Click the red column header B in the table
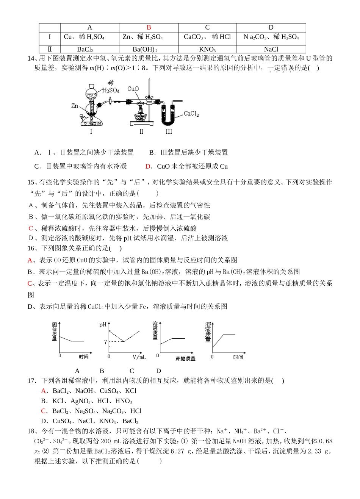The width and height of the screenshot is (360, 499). click(x=149, y=27)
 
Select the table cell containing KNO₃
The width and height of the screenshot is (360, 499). click(x=207, y=49)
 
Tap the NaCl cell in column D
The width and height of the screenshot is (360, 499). click(x=271, y=49)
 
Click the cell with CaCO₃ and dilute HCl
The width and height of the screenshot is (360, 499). click(x=207, y=37)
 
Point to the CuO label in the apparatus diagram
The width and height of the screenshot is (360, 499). click(x=133, y=89)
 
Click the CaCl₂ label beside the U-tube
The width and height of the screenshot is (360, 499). click(x=191, y=114)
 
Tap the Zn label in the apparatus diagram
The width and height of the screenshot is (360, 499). click(x=75, y=106)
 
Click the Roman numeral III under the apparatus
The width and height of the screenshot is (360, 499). click(x=169, y=131)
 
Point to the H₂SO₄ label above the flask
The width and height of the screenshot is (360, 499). click(x=111, y=90)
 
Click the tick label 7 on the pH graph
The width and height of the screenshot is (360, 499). click(x=106, y=342)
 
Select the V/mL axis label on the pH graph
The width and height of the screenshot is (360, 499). click(x=139, y=357)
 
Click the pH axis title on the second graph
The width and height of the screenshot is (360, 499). click(x=103, y=325)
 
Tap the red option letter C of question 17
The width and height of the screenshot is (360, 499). click(x=44, y=411)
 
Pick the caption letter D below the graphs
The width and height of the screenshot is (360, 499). click(x=158, y=371)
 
